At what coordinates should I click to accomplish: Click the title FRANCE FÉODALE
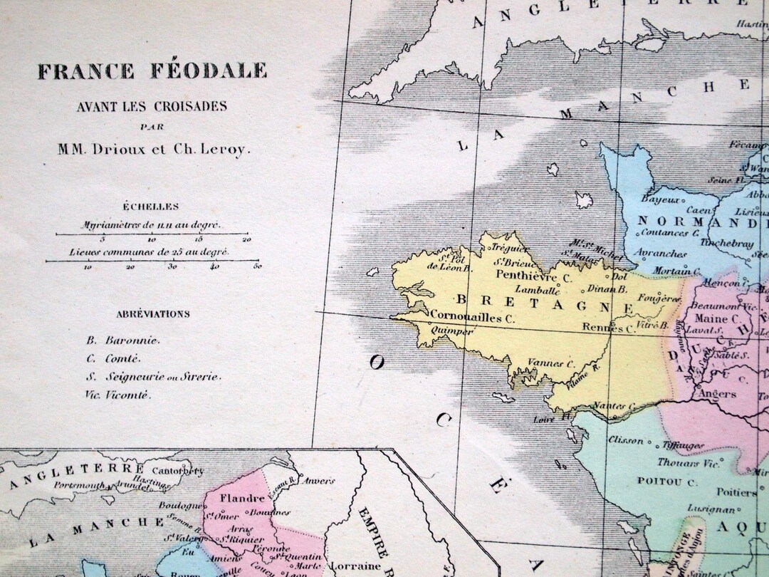click(152, 71)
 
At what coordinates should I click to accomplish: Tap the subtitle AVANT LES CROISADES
click(152, 107)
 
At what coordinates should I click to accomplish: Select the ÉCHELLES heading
click(150, 207)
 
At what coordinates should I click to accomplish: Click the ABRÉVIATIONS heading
click(154, 313)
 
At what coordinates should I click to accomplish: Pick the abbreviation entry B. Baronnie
click(123, 341)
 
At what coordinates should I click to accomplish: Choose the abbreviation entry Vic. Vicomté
click(118, 395)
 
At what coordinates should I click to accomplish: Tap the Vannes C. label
click(550, 363)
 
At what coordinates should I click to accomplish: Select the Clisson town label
click(625, 440)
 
